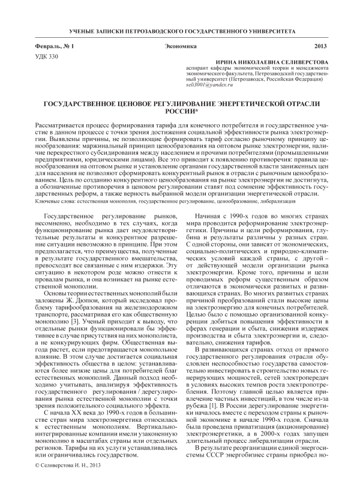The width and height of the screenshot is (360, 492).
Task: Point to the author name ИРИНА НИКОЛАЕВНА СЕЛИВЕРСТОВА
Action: click(274, 62)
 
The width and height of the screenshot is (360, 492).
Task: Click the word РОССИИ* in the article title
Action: click(180, 111)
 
